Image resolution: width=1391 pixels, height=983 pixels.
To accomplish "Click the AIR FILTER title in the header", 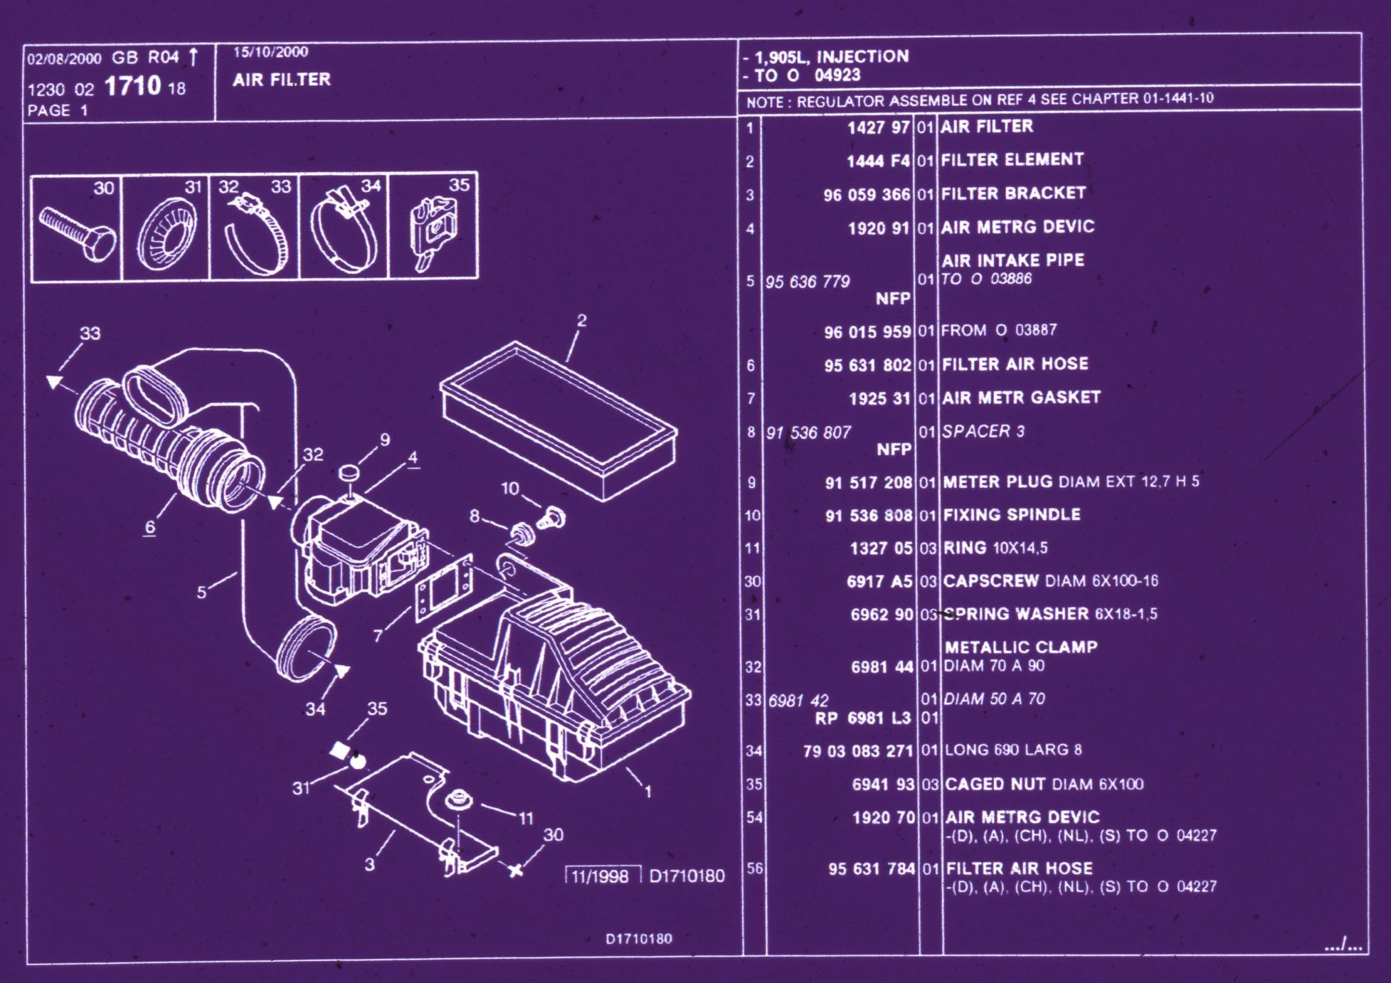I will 282,80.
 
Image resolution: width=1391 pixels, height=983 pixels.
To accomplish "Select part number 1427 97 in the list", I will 878,128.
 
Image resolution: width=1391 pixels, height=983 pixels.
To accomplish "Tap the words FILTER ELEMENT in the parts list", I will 1012,160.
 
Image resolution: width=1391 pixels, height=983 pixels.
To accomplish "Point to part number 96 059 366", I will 867,195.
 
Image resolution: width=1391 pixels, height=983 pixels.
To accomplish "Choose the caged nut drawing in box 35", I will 433,229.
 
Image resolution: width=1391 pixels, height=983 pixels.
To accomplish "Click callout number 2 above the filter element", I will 581,321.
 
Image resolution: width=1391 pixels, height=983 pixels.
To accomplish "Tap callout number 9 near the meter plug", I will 385,440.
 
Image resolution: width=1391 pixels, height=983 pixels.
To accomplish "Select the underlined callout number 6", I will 149,527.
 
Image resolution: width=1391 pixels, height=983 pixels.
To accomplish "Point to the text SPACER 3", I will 983,432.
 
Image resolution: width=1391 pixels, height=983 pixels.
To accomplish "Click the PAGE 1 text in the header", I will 58,111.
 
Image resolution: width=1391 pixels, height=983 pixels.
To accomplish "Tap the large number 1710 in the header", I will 133,87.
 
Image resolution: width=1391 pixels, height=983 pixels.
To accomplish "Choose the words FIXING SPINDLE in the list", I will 1011,515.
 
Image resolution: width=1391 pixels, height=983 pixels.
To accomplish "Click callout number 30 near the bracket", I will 553,834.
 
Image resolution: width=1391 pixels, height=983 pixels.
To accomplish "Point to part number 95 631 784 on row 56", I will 871,869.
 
